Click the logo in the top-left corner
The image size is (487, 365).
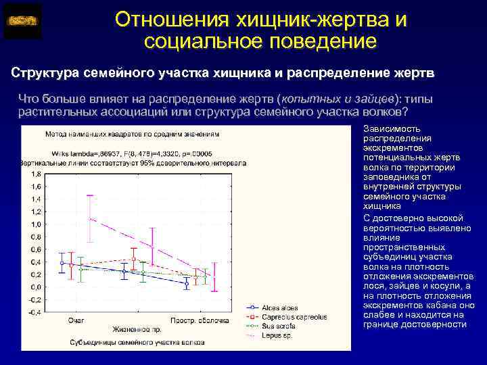point(22,21)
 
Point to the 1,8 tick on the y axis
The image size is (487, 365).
point(34,174)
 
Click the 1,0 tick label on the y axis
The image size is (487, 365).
point(34,224)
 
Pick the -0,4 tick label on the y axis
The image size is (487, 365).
point(32,312)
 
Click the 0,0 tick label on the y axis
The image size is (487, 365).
point(34,287)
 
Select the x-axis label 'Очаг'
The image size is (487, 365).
point(76,319)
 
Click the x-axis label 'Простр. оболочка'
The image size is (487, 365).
point(196,319)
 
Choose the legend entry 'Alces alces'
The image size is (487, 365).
point(277,308)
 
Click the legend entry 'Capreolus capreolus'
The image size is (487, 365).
point(294,316)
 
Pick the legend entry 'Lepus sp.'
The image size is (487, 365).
point(274,334)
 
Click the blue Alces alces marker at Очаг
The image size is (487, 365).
point(62,263)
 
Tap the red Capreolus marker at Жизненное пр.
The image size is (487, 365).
point(134,259)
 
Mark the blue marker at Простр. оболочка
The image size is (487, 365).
point(187,284)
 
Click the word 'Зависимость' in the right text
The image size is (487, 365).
point(383,128)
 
